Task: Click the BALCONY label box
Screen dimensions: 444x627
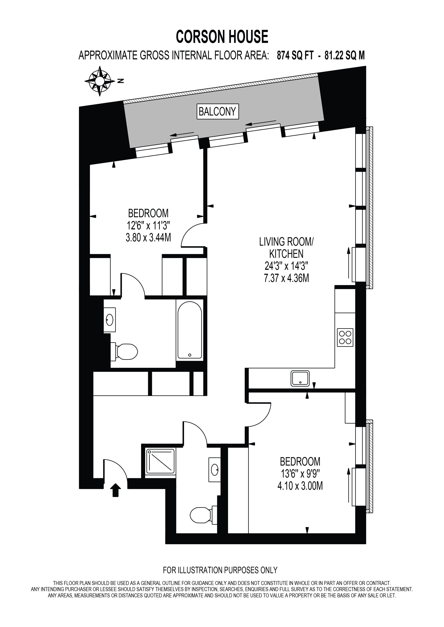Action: (x=218, y=111)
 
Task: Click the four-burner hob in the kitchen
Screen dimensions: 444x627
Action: (x=345, y=338)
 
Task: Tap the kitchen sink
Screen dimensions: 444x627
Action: (x=300, y=378)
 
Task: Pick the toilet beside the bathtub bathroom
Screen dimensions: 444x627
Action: (x=124, y=351)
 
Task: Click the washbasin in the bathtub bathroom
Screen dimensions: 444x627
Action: (x=110, y=320)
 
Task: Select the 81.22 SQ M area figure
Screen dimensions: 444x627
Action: (x=344, y=56)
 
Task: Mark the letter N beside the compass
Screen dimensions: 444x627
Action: (x=120, y=81)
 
